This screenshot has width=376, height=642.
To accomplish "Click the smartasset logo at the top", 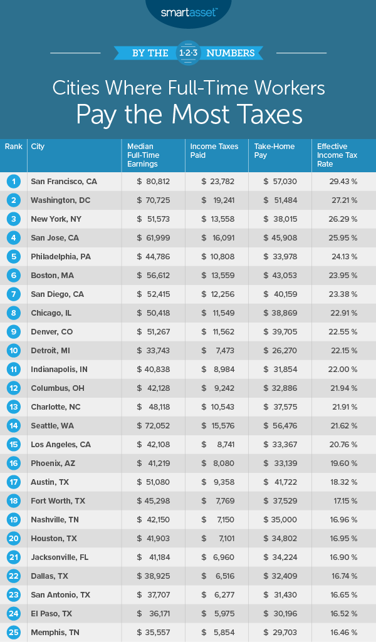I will (x=187, y=11).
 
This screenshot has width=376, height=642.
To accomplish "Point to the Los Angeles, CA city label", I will (x=62, y=445).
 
